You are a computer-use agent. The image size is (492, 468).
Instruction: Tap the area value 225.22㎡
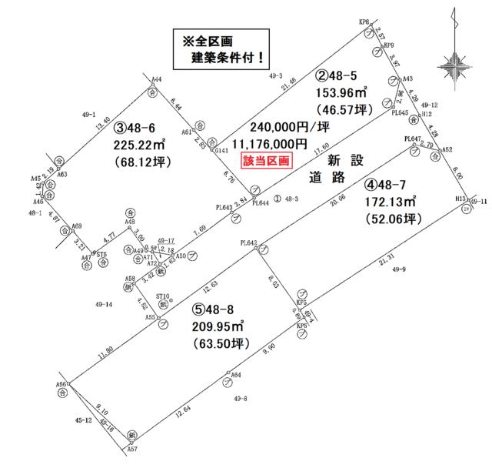point(141,145)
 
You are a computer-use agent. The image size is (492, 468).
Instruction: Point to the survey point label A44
point(156,79)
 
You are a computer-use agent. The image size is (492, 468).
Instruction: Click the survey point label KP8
point(364,23)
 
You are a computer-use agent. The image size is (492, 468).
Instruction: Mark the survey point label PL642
point(248,241)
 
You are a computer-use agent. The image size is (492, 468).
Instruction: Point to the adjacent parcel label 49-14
point(103,305)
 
